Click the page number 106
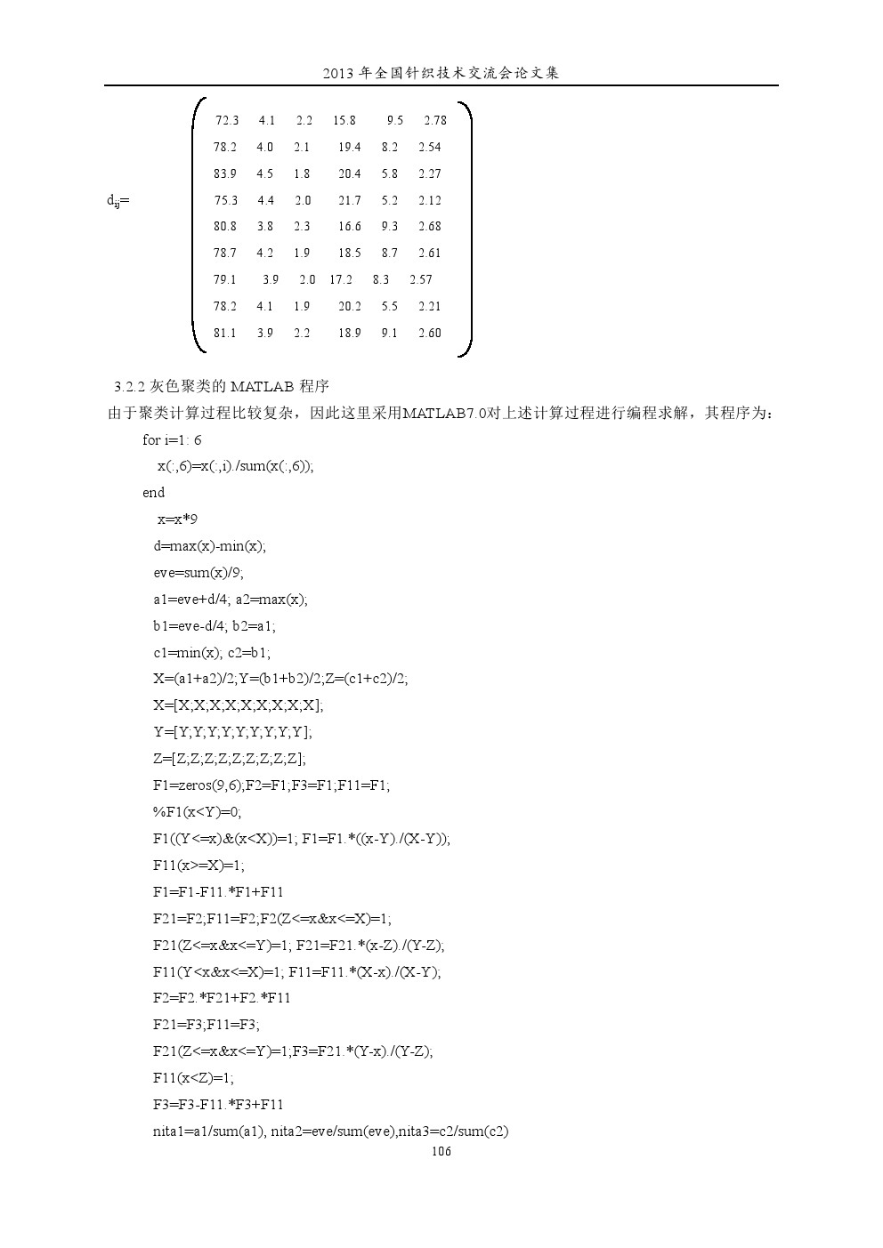pyautogui.click(x=441, y=1151)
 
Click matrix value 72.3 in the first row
pyautogui.click(x=227, y=120)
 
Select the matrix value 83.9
pyautogui.click(x=225, y=173)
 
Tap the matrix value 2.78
pyautogui.click(x=435, y=120)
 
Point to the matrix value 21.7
pyautogui.click(x=350, y=200)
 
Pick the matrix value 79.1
pyautogui.click(x=225, y=279)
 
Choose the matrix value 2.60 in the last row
pyautogui.click(x=430, y=333)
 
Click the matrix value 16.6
pyautogui.click(x=350, y=226)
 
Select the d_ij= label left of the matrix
pyautogui.click(x=118, y=201)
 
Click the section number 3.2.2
pyautogui.click(x=131, y=387)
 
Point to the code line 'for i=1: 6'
pyautogui.click(x=172, y=439)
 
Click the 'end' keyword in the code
pyautogui.click(x=154, y=493)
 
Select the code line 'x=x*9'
pyautogui.click(x=177, y=519)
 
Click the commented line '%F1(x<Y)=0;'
pyautogui.click(x=198, y=811)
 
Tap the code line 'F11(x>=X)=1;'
pyautogui.click(x=199, y=865)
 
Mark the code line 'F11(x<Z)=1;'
pyautogui.click(x=194, y=1077)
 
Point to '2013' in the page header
pyautogui.click(x=337, y=73)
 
